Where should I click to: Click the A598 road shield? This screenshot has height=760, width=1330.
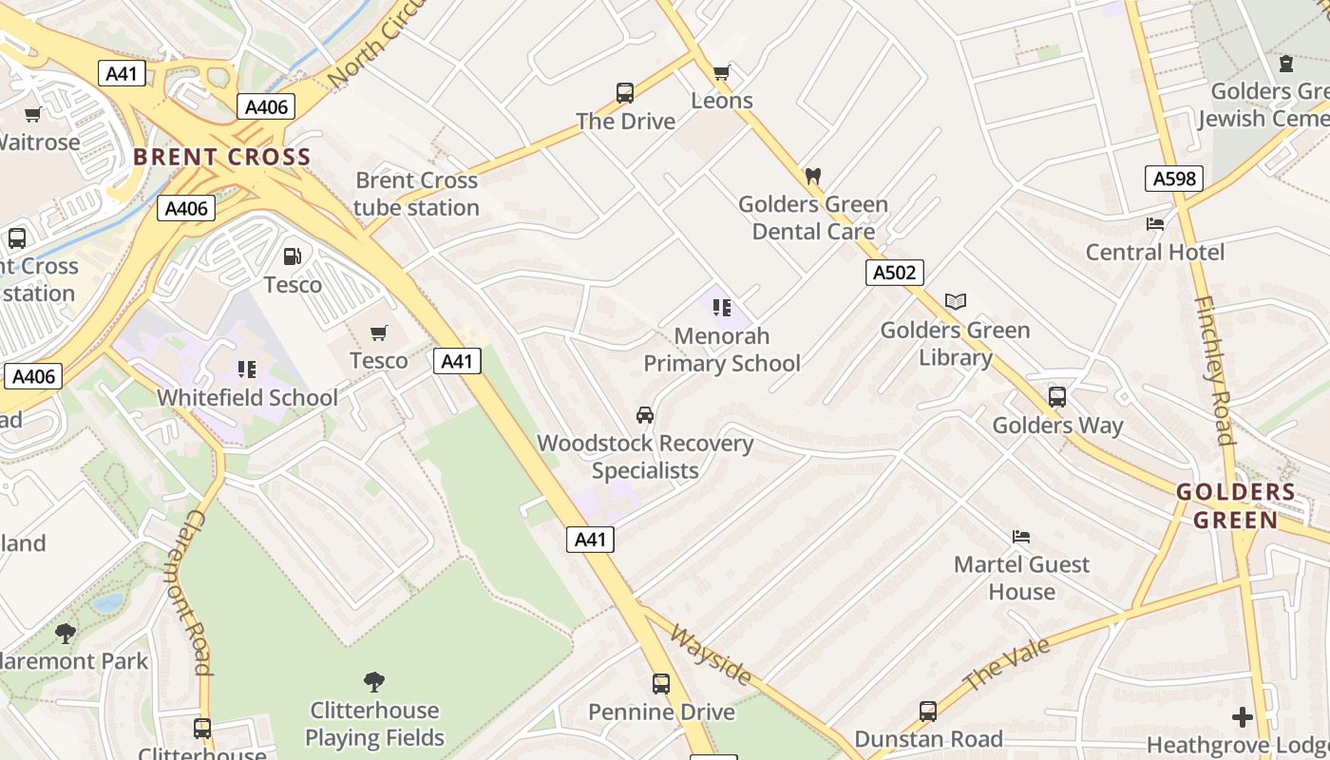click(1174, 178)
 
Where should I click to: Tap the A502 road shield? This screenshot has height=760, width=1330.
click(895, 273)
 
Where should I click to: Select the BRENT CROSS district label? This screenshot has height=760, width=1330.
click(222, 157)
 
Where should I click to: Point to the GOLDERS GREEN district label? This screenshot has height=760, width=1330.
click(1236, 506)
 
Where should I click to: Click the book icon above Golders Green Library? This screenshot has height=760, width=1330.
click(956, 302)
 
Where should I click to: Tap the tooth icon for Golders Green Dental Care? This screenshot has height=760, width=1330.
click(812, 176)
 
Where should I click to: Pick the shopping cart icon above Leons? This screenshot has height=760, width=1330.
click(722, 72)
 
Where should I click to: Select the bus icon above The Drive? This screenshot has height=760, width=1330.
click(625, 93)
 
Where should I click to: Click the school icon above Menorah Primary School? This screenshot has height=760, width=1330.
click(722, 308)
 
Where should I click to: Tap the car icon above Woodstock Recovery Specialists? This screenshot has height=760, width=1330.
click(645, 415)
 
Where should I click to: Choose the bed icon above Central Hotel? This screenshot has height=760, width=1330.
click(1155, 224)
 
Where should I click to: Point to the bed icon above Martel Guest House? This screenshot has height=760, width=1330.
click(1021, 537)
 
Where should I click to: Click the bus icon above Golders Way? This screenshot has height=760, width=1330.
click(1057, 397)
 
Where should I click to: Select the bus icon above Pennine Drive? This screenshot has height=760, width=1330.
click(661, 684)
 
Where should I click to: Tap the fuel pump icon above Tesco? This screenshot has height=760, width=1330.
click(293, 256)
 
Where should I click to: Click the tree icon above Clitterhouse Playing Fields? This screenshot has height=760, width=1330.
click(374, 681)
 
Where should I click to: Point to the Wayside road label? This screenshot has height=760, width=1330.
click(712, 655)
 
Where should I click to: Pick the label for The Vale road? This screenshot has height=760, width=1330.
click(1007, 664)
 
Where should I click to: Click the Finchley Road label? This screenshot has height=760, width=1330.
click(1213, 370)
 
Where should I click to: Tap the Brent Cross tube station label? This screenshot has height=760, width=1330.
click(417, 194)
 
